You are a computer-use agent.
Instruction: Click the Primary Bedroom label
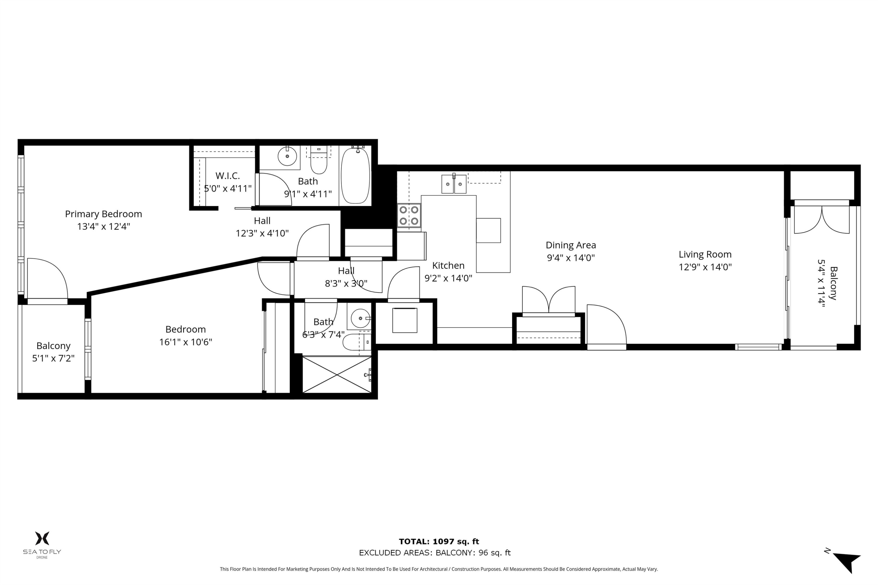tap(103, 214)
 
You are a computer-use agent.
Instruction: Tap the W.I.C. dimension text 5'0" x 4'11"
tap(228, 189)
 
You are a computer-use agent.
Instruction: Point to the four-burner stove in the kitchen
tap(409, 216)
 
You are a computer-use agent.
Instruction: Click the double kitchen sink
tap(454, 184)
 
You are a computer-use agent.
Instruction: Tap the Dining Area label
tap(570, 245)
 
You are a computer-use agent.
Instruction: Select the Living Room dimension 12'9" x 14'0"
tap(705, 267)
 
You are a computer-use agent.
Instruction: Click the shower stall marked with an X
tap(337, 375)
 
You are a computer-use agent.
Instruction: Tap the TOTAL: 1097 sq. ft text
tap(439, 542)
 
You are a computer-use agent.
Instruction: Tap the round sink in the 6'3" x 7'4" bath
tap(360, 318)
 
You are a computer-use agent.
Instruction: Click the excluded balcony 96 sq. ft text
tap(435, 553)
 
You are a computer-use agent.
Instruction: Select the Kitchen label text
tap(448, 266)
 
